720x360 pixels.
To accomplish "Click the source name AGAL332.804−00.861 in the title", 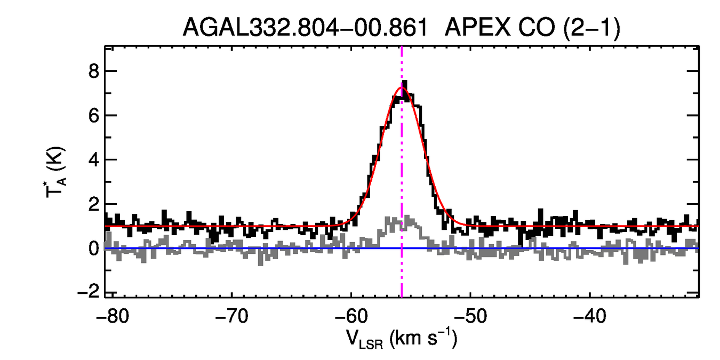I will pyautogui.click(x=305, y=27).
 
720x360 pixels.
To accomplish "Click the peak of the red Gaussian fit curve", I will pyautogui.click(x=401, y=87).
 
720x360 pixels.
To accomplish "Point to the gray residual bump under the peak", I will pyautogui.click(x=401, y=222).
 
